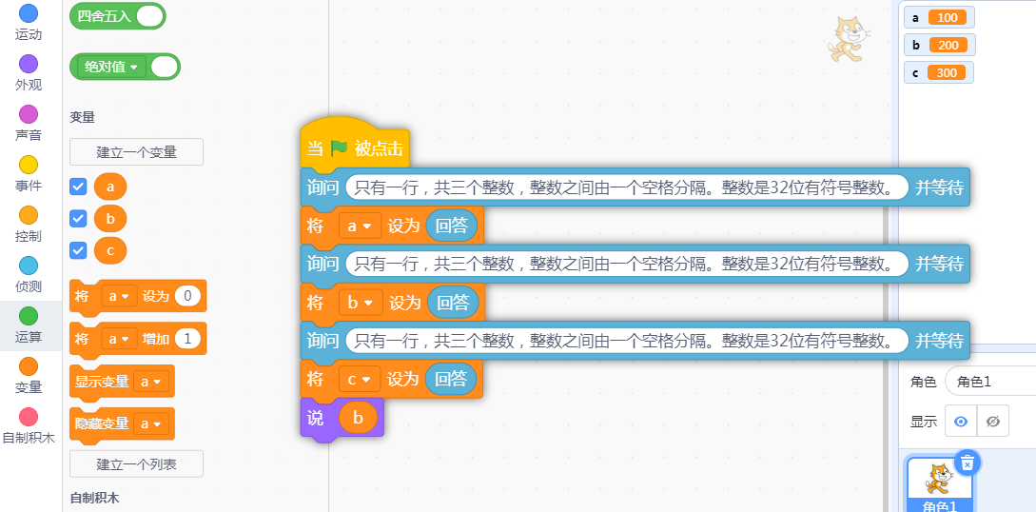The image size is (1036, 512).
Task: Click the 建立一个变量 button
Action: tap(136, 151)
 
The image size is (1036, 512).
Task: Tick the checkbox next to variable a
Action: tap(79, 187)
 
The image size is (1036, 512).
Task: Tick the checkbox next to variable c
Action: tap(79, 249)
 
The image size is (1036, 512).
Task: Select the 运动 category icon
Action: tap(29, 14)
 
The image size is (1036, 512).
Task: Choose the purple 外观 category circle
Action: tap(29, 64)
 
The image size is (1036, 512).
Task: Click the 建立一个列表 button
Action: tap(136, 463)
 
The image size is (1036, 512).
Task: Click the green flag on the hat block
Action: tap(340, 148)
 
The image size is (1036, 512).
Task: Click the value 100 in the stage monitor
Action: tap(948, 18)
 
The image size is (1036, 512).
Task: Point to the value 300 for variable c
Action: tap(947, 72)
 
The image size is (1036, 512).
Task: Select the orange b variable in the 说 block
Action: tap(359, 417)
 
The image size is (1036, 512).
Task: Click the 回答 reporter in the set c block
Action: tap(451, 379)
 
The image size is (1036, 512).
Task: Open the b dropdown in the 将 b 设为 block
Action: tap(360, 303)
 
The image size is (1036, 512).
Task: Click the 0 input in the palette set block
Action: tap(187, 296)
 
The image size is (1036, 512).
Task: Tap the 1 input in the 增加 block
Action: tap(187, 339)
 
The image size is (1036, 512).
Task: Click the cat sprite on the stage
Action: tap(848, 40)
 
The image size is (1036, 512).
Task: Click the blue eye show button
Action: tap(961, 421)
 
